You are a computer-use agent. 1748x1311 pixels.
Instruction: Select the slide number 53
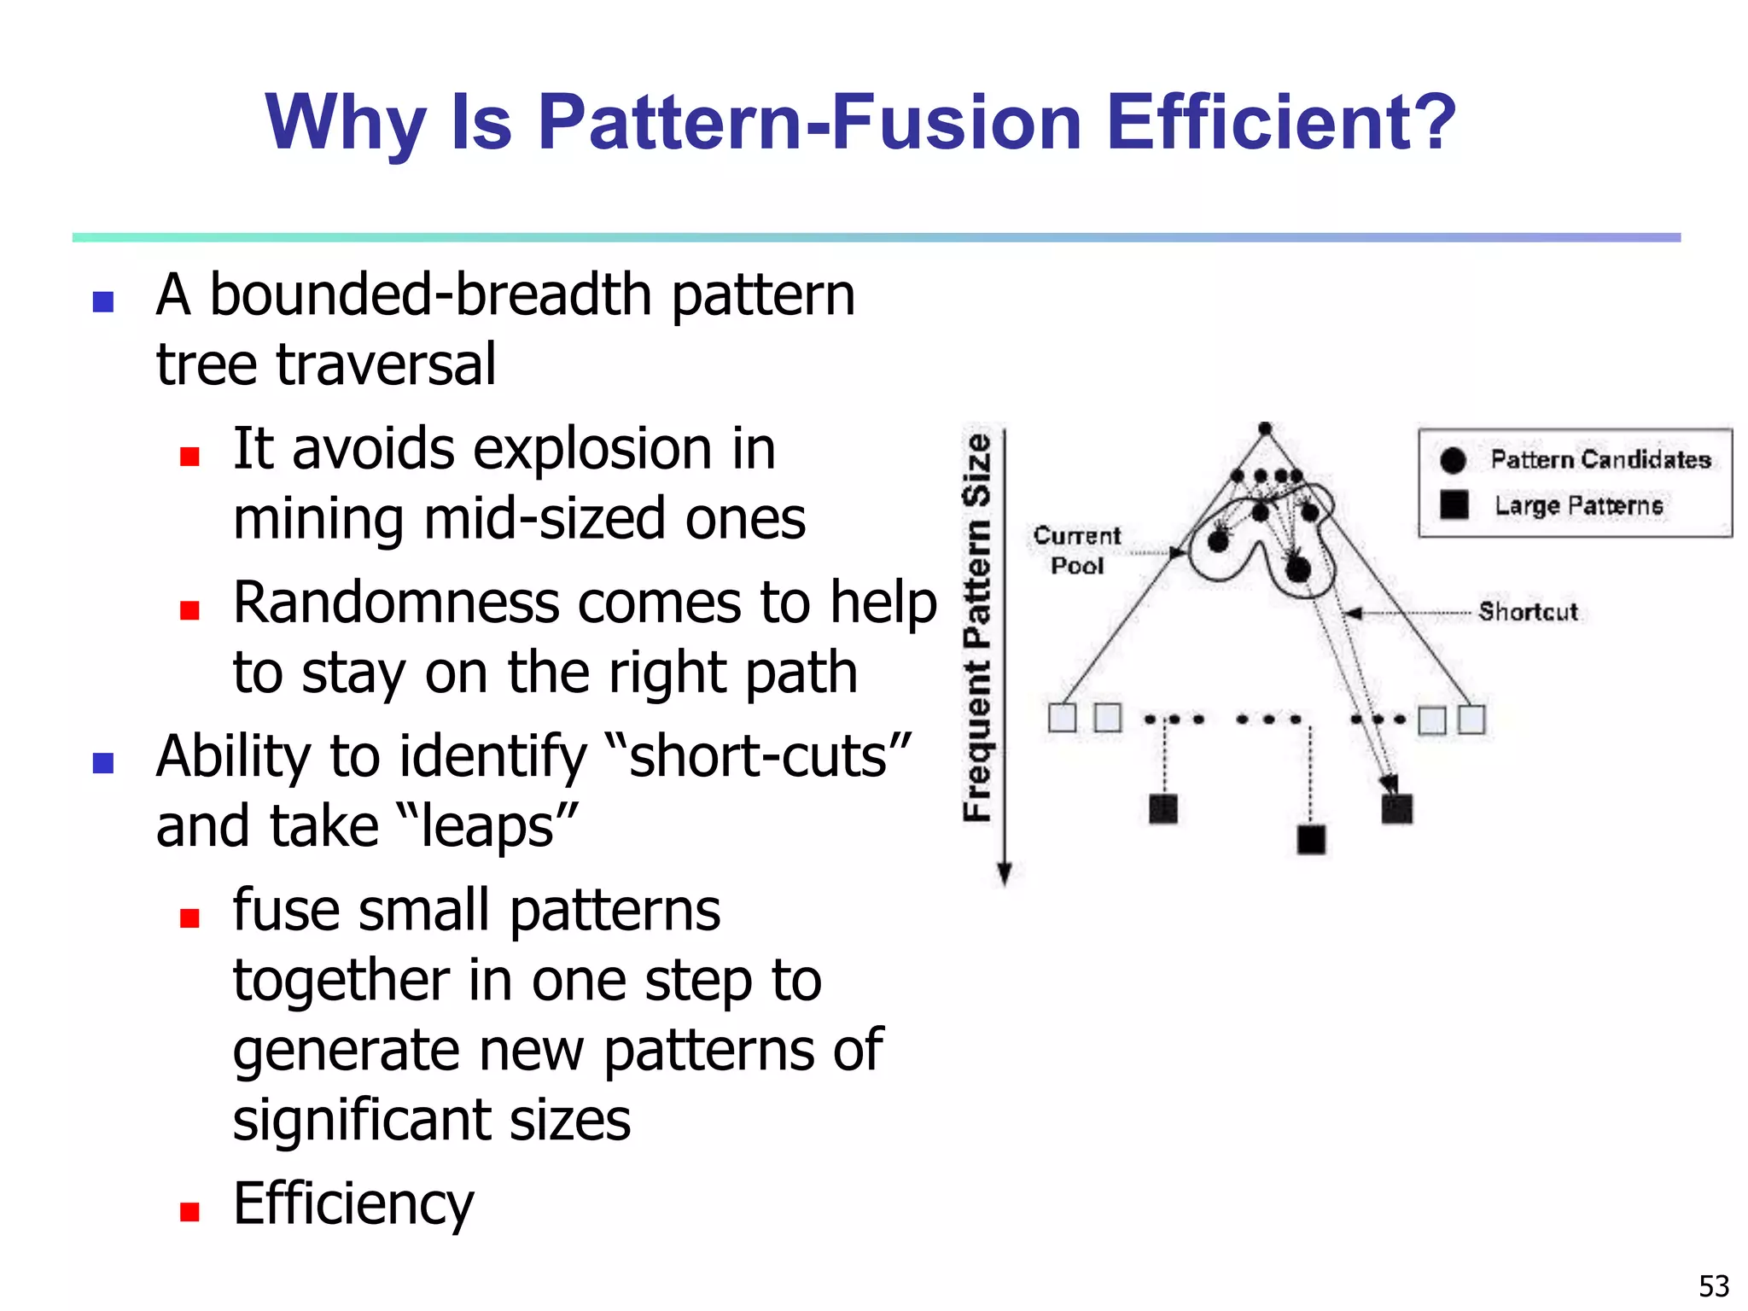click(x=1713, y=1285)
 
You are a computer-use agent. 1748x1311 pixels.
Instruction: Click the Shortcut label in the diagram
click(x=1528, y=611)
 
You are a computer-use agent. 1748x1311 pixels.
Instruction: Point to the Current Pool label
click(x=1076, y=551)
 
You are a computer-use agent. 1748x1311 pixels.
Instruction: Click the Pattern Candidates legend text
click(x=1600, y=459)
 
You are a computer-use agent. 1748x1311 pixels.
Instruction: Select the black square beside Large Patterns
click(x=1454, y=504)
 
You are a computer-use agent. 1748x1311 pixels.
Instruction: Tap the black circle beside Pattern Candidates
click(x=1453, y=459)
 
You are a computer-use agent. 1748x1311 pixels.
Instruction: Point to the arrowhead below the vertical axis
click(x=1005, y=874)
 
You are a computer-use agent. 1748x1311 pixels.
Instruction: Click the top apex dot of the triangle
click(x=1265, y=428)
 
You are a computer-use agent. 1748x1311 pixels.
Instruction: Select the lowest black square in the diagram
click(x=1311, y=839)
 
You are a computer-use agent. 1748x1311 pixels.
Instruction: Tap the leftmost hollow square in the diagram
click(x=1062, y=718)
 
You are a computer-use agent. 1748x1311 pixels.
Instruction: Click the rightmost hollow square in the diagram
click(x=1471, y=719)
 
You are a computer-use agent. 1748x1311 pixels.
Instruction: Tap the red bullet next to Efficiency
click(x=189, y=1211)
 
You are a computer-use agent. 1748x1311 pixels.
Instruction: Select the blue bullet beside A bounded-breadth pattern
click(x=103, y=301)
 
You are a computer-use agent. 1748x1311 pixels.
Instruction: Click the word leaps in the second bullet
click(x=488, y=826)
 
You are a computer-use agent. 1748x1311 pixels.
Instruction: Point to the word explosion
click(x=534, y=449)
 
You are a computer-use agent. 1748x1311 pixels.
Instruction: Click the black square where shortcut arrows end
click(x=1396, y=808)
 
